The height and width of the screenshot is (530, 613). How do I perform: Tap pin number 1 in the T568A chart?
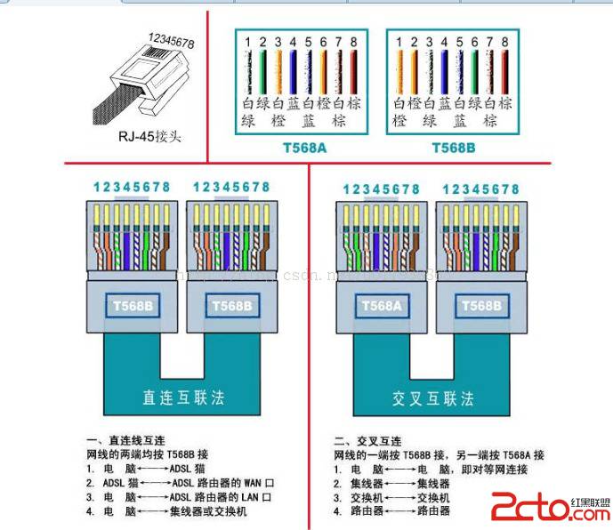(250, 42)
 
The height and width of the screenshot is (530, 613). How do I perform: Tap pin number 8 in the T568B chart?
(504, 42)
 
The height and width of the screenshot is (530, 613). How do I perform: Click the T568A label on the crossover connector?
(382, 305)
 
